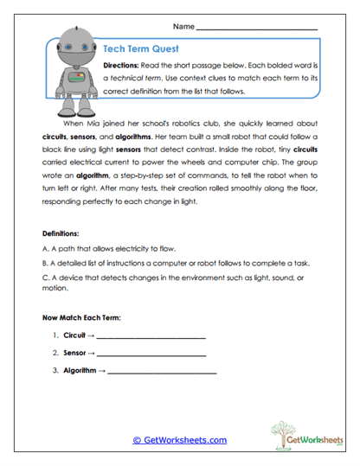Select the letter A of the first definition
pos(44,248)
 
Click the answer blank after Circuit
pos(151,336)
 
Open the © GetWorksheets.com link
pos(180,440)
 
